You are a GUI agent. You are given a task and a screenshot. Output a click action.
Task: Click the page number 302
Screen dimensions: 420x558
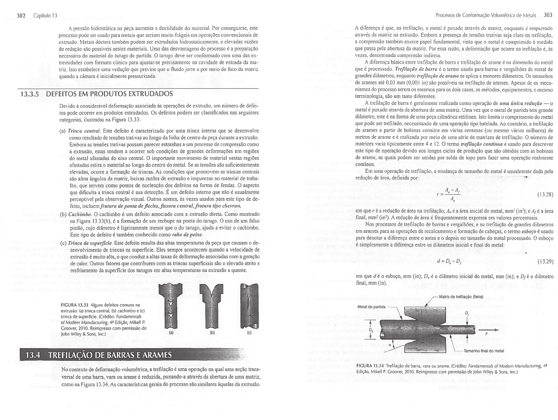coord(21,16)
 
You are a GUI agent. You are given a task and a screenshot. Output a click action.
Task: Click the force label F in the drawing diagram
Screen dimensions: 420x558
coord(486,333)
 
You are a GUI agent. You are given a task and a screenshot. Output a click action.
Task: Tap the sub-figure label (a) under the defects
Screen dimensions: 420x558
coord(171,332)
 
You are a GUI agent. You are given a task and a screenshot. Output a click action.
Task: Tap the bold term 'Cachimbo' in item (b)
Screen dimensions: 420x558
coord(77,214)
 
